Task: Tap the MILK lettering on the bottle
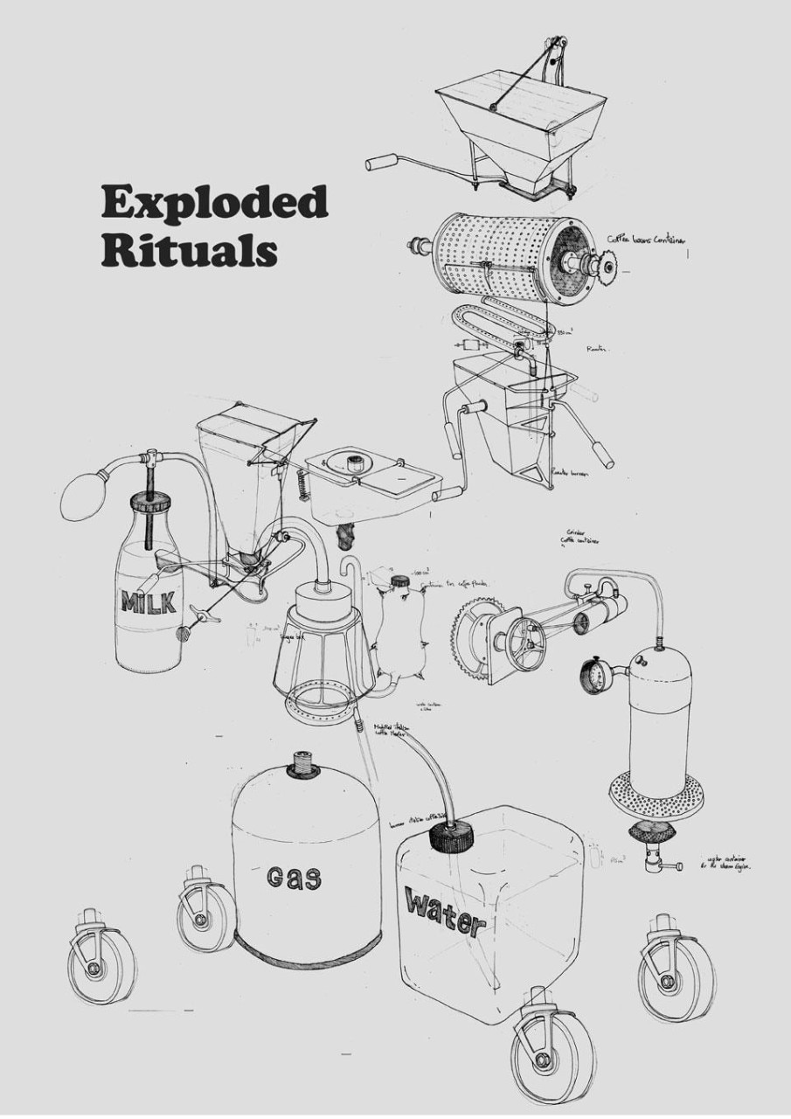click(149, 601)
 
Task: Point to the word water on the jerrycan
click(444, 912)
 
